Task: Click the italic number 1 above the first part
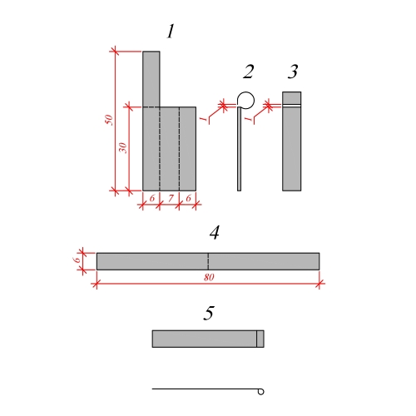point(171,32)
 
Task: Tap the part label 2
point(249,72)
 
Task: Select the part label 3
point(293,72)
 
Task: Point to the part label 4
point(215,232)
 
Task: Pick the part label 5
point(209,313)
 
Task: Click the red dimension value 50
point(109,120)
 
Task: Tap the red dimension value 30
point(122,148)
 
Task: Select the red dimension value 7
point(171,198)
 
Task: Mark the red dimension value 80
point(209,277)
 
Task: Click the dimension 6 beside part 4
point(77,260)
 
